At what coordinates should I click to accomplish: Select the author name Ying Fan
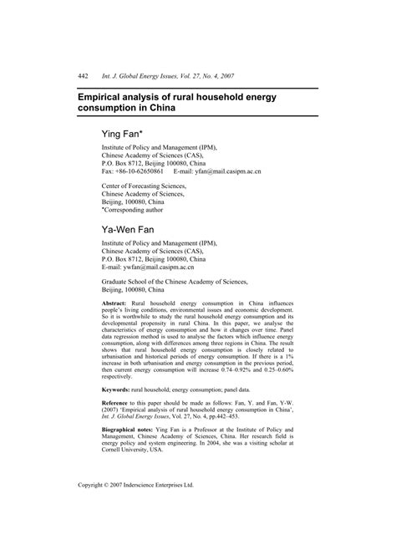122,134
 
